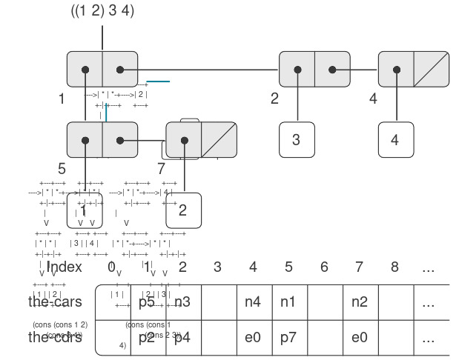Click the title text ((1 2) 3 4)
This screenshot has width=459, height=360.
coord(102,12)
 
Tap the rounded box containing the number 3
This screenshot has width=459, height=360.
coord(297,139)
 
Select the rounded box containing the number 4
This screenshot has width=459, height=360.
coord(395,139)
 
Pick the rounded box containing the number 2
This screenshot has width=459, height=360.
coord(183,210)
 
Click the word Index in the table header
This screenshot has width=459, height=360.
coord(65,267)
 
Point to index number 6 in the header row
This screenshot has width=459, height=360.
coord(324,267)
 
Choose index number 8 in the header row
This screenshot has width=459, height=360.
coord(394,267)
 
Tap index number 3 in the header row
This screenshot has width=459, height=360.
coord(217,267)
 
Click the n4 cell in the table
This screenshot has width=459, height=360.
coord(253,302)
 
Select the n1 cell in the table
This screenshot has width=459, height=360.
coord(288,302)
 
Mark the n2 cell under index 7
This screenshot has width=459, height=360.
coord(359,302)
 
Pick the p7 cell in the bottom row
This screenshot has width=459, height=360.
coord(288,338)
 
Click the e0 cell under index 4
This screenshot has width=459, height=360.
coord(253,338)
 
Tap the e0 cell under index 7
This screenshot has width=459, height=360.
coord(359,338)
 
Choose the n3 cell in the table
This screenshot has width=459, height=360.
coord(182,302)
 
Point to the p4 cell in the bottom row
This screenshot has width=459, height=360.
coord(182,338)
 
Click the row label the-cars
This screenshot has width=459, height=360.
coord(55,302)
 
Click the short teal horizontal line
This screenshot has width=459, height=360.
coord(159,81)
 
